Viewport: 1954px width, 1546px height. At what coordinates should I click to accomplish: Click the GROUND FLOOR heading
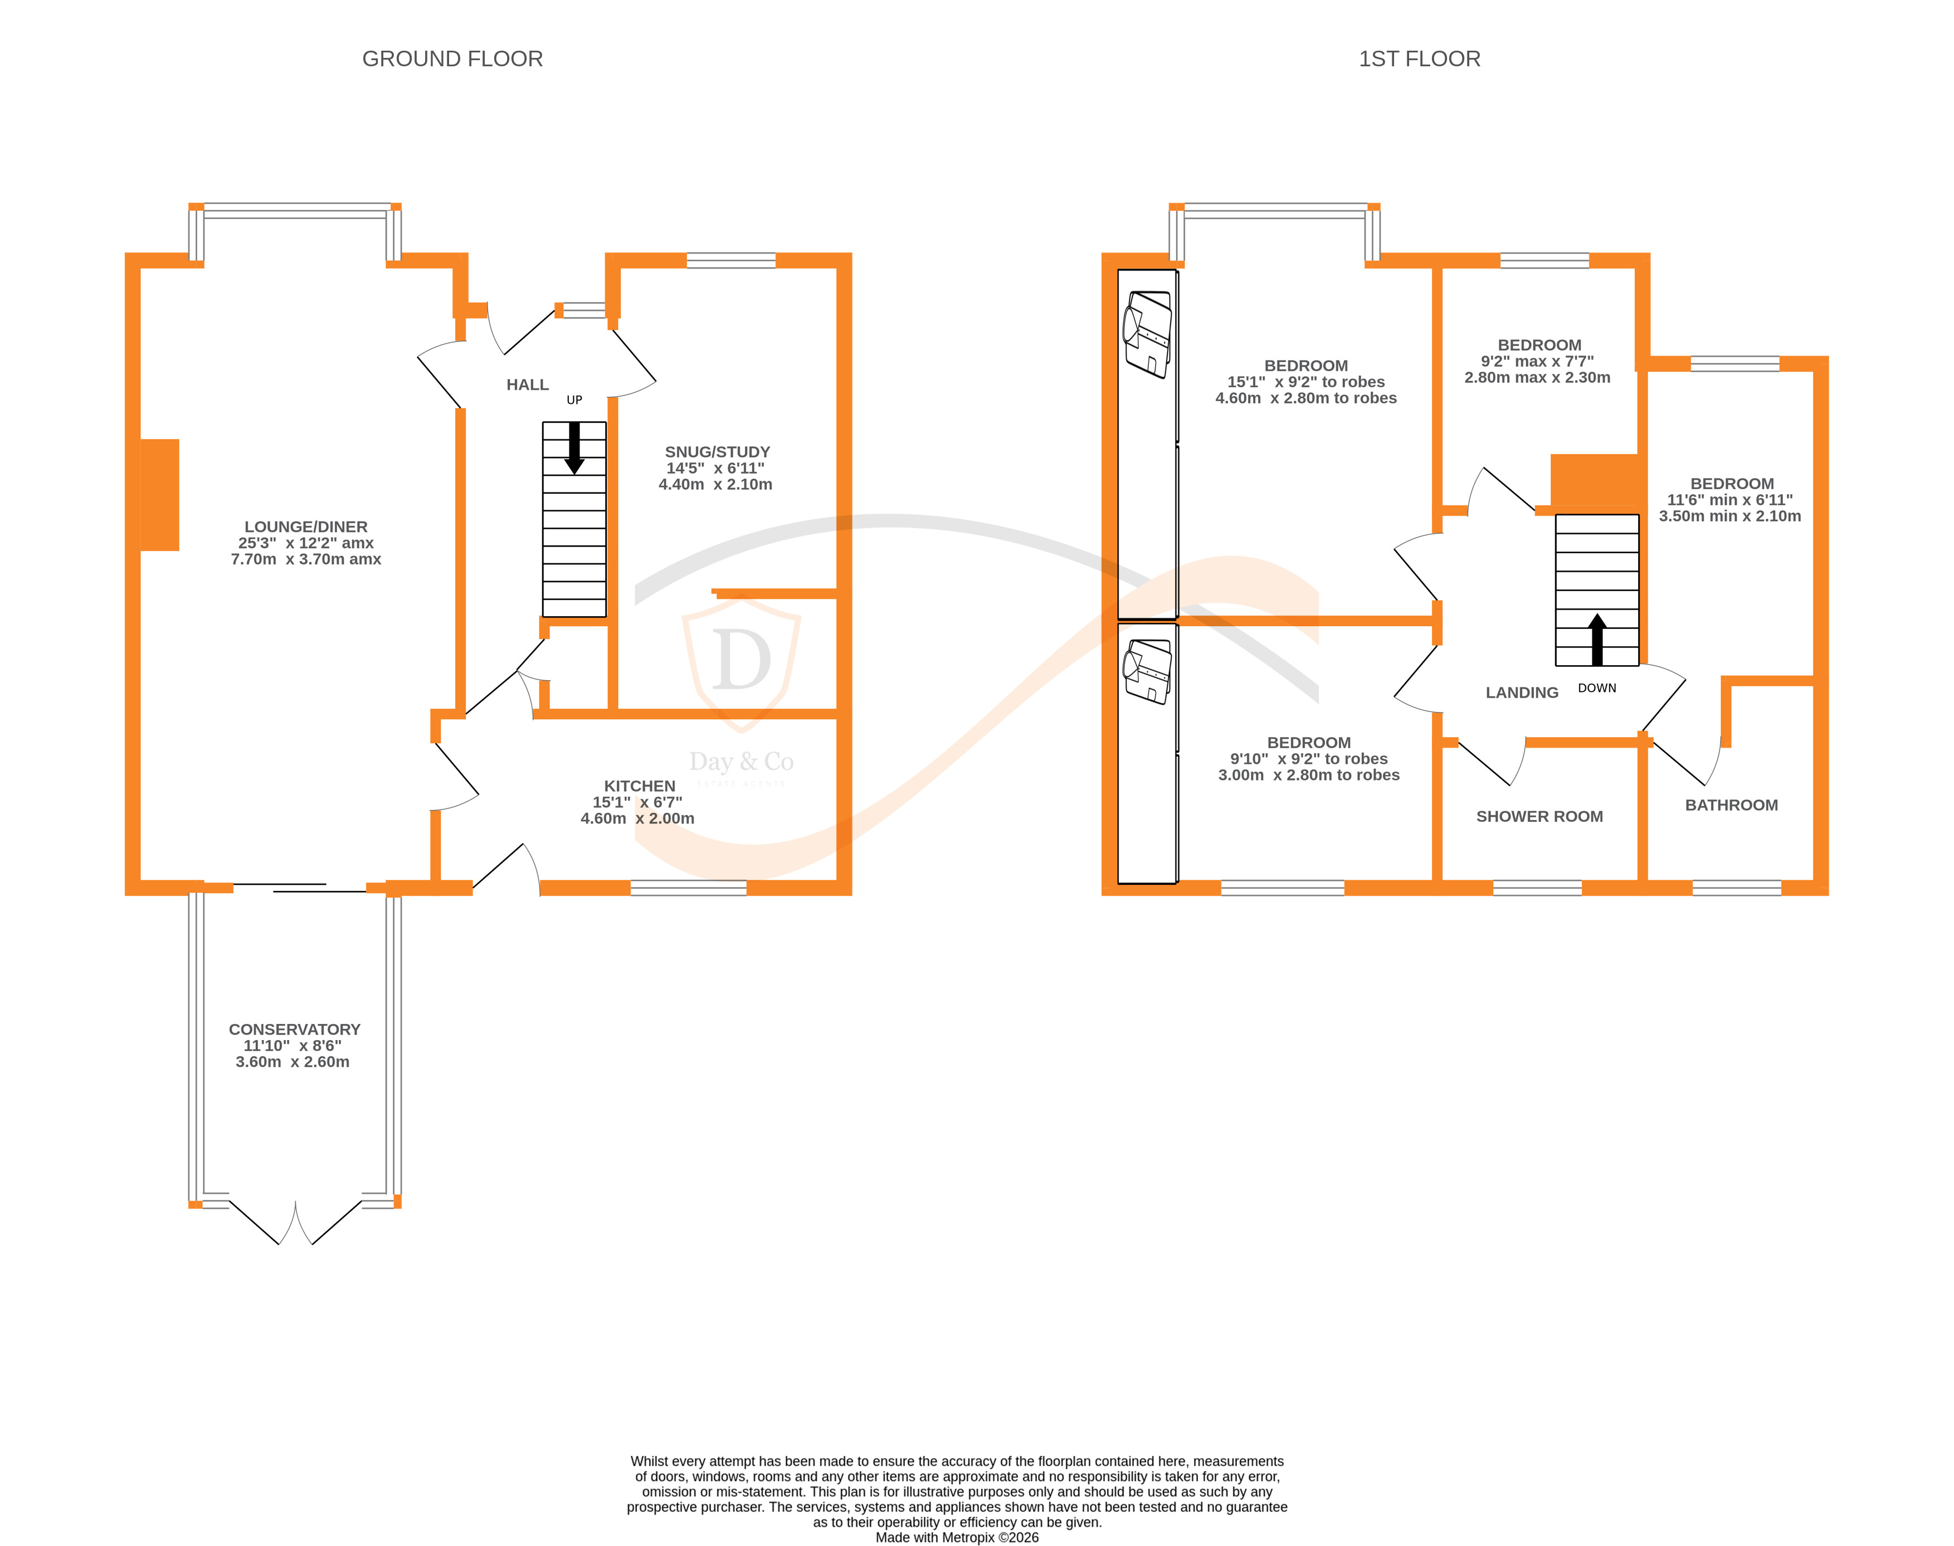click(452, 59)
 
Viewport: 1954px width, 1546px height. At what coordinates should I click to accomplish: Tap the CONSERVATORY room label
click(294, 1029)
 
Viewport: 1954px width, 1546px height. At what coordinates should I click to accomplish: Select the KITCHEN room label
click(639, 786)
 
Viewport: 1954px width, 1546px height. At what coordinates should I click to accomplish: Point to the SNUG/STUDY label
click(717, 452)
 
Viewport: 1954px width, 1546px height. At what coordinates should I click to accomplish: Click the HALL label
click(527, 385)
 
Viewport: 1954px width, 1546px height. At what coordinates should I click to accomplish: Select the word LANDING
click(1522, 692)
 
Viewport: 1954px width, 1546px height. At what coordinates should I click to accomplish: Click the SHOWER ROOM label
click(1538, 816)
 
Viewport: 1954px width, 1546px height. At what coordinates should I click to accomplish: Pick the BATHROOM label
click(1731, 804)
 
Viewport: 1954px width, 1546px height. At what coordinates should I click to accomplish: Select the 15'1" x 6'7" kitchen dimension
click(637, 802)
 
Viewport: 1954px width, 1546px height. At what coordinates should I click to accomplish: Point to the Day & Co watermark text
click(740, 762)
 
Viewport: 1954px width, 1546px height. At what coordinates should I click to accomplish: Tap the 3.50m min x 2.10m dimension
click(1729, 516)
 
